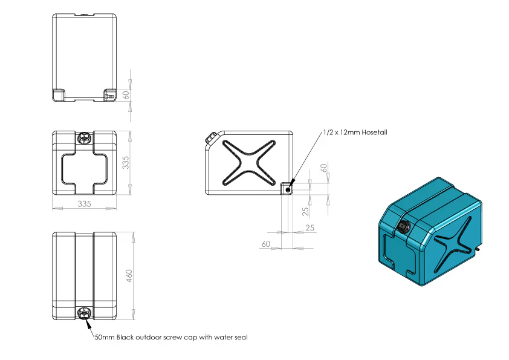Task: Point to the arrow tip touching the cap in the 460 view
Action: pyautogui.click(x=86, y=318)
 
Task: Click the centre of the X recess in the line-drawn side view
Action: pyautogui.click(x=249, y=163)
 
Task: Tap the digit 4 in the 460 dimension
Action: pyautogui.click(x=129, y=280)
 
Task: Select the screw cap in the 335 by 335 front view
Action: pyautogui.click(x=85, y=138)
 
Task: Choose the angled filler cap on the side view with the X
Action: pyautogui.click(x=212, y=137)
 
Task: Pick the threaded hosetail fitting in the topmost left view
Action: pyautogui.click(x=110, y=96)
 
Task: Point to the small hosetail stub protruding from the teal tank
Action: pyautogui.click(x=478, y=249)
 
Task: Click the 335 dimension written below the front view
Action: pyautogui.click(x=84, y=204)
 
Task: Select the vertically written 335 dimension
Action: pyautogui.click(x=125, y=163)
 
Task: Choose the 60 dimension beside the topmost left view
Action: pyautogui.click(x=126, y=95)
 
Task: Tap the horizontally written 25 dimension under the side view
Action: pyautogui.click(x=310, y=227)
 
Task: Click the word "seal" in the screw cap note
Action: pyautogui.click(x=241, y=337)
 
